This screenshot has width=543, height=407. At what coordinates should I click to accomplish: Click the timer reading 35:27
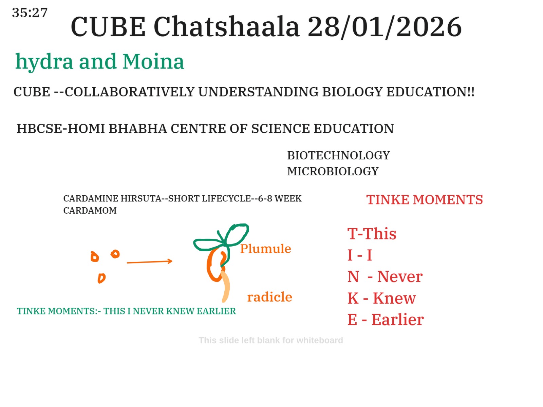(x=30, y=13)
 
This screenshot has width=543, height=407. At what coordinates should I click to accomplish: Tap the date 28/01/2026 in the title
(x=385, y=27)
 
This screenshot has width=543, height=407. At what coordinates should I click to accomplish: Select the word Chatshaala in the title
(x=226, y=26)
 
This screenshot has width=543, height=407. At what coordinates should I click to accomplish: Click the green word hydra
(x=44, y=62)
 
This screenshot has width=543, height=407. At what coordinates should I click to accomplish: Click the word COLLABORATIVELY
(x=130, y=92)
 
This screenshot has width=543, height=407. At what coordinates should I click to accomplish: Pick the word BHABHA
(x=137, y=129)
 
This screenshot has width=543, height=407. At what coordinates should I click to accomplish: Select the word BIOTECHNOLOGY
(x=338, y=155)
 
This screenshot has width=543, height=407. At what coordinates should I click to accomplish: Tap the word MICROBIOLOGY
(x=333, y=171)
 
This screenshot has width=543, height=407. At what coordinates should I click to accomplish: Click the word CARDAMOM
(x=90, y=210)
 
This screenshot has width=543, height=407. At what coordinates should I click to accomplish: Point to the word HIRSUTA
(x=141, y=198)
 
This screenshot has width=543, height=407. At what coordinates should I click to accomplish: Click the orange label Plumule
(x=265, y=248)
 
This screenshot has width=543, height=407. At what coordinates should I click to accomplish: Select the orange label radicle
(x=270, y=296)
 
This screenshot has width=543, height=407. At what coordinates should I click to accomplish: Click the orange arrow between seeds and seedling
(x=149, y=262)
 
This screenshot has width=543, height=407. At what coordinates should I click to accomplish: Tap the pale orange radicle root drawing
(x=226, y=287)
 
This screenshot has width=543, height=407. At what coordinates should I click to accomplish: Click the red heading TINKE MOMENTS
(x=424, y=199)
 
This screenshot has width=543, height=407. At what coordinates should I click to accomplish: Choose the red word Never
(x=400, y=276)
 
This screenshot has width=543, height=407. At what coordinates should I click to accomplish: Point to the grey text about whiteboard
(x=270, y=340)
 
